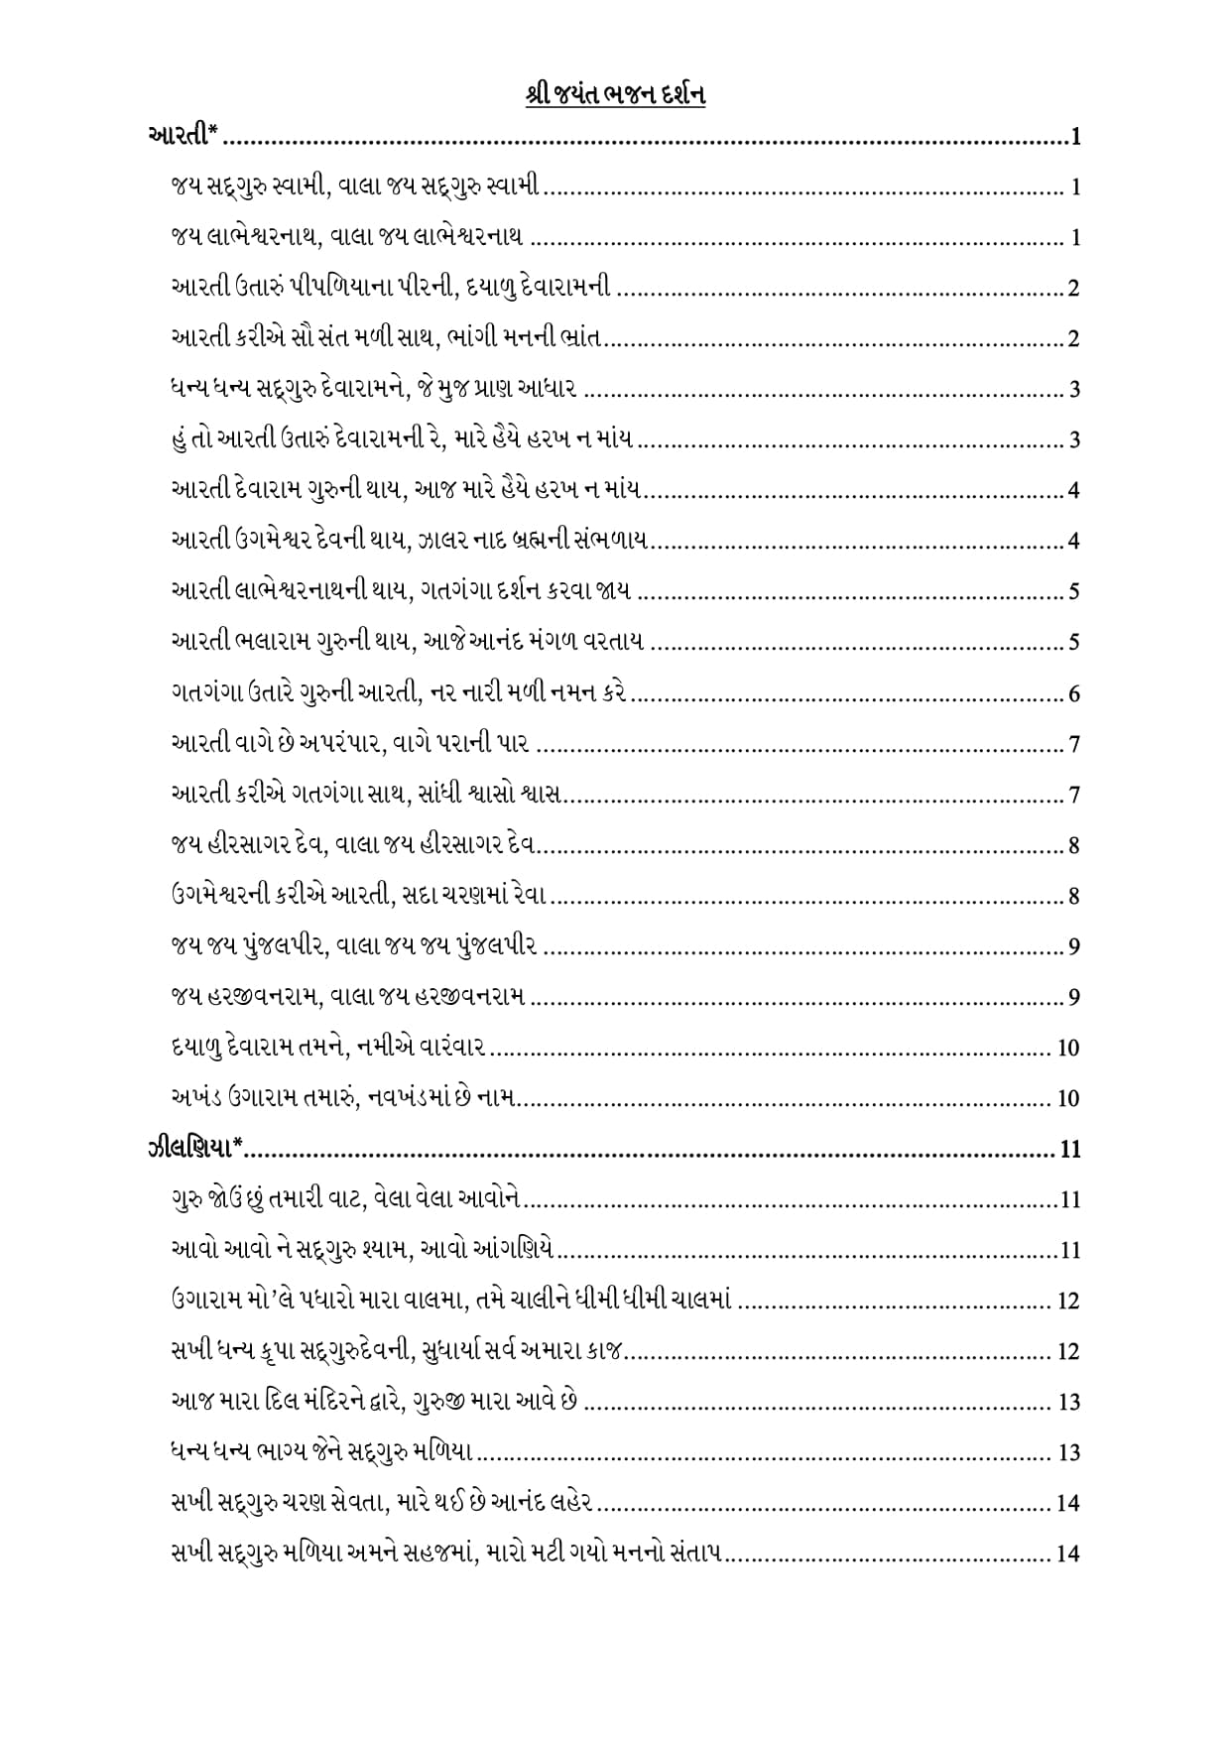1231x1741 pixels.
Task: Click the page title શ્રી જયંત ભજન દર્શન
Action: click(x=615, y=96)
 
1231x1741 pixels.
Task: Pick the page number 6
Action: click(x=1074, y=693)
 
